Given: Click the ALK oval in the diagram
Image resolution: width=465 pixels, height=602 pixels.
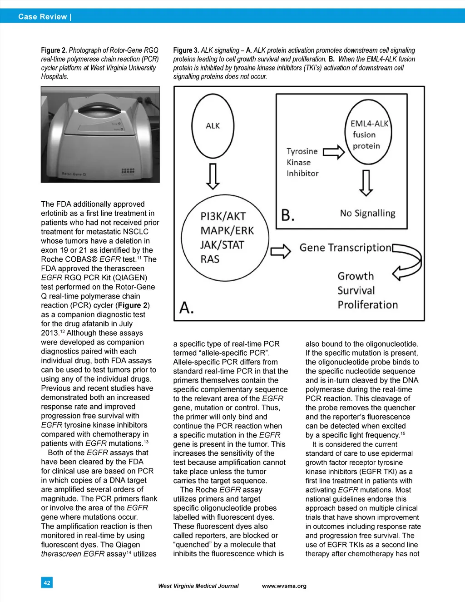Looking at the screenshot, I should pos(213,126).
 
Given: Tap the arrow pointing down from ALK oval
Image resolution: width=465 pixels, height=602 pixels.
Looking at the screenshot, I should pos(213,176).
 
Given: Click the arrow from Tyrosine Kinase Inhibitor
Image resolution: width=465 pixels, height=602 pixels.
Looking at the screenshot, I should pos(333,152).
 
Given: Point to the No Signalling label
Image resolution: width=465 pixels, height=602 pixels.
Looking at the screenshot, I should pos(367,213).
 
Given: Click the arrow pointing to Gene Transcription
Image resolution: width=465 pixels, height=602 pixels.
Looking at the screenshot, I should pos(281,251).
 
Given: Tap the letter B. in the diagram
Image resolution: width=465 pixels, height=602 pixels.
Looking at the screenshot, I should pos(288,214).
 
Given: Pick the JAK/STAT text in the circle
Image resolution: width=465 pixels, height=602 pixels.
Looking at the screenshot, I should pos(222,245).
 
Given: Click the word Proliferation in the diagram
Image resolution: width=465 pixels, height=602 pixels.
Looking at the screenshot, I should pos(367,305).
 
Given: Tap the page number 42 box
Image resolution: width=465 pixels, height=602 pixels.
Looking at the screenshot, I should pos(47,582).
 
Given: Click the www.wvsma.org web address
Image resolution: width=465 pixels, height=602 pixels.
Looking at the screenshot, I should pos(284,586).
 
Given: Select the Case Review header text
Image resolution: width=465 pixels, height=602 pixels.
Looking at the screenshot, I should pos(45,17).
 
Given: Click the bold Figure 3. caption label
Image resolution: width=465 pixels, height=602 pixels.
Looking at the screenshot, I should pos(186,50).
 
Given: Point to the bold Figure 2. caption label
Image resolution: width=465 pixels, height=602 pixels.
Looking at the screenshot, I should pos(54,50).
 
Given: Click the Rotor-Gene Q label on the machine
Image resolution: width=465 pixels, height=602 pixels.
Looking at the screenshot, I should pos(74,174).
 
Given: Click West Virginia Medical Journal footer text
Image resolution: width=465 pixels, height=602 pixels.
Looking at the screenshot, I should pos(198,586).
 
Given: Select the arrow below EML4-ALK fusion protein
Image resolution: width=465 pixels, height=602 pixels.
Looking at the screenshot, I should pos(366,183).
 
